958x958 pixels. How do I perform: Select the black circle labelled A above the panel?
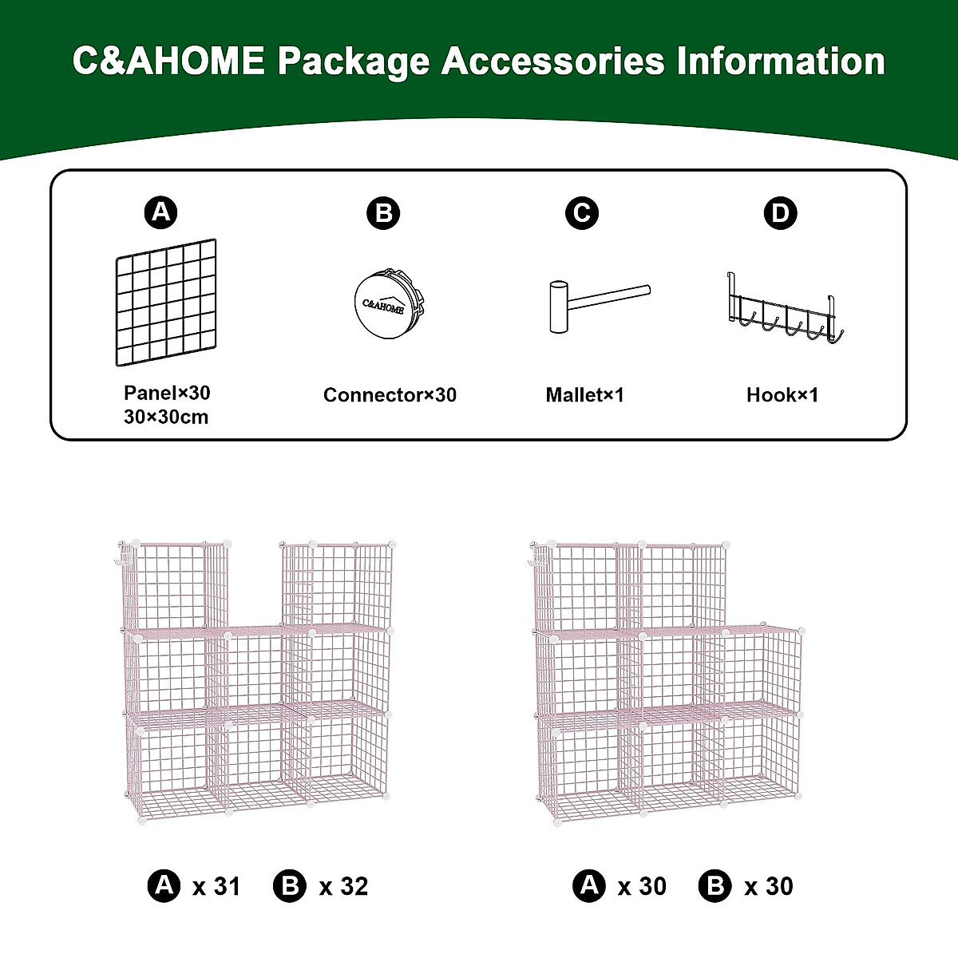[x=161, y=212]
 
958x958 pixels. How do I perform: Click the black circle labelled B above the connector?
[x=383, y=213]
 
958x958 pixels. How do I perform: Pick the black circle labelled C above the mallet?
[x=581, y=213]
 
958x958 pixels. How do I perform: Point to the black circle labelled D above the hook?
[x=780, y=213]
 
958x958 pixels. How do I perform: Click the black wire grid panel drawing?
[x=166, y=303]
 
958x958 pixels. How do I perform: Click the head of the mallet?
[x=556, y=306]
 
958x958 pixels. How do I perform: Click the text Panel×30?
[x=167, y=393]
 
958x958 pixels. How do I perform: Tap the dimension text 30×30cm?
[x=166, y=417]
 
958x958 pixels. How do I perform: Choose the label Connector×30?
[x=390, y=395]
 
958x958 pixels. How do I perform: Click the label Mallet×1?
[x=584, y=395]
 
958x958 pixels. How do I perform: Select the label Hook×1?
[x=782, y=395]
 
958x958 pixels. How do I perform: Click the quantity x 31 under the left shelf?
[x=216, y=886]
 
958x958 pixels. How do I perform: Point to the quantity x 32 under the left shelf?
[x=343, y=886]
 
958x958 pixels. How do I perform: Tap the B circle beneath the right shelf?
[x=715, y=886]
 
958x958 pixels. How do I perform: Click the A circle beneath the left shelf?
[x=164, y=886]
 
